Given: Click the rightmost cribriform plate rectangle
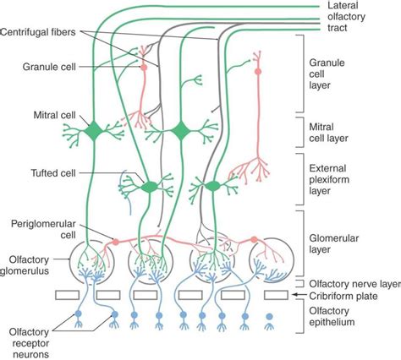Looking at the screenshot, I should click(277, 295).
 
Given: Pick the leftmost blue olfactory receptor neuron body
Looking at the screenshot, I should click(78, 314).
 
